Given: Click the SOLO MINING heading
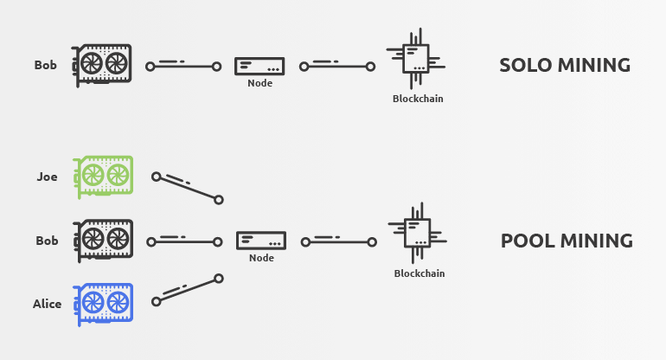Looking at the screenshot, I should point(564,65).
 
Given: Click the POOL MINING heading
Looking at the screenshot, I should point(567,241).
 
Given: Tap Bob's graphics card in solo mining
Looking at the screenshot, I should point(102,65).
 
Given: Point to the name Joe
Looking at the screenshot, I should point(48,177).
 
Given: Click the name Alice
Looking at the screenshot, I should point(48,304).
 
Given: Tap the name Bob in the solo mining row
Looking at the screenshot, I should point(46,65).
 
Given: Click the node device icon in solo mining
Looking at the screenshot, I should point(259,66).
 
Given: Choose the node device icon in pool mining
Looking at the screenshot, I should point(261,241).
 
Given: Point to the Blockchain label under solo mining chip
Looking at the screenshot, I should point(418,99).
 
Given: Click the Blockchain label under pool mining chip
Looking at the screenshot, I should point(419,273).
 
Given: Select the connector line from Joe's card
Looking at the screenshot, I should point(187,188).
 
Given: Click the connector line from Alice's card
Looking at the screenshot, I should point(187,290).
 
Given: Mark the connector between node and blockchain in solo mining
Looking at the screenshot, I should point(337,66).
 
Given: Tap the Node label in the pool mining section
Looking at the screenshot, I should point(261,258).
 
